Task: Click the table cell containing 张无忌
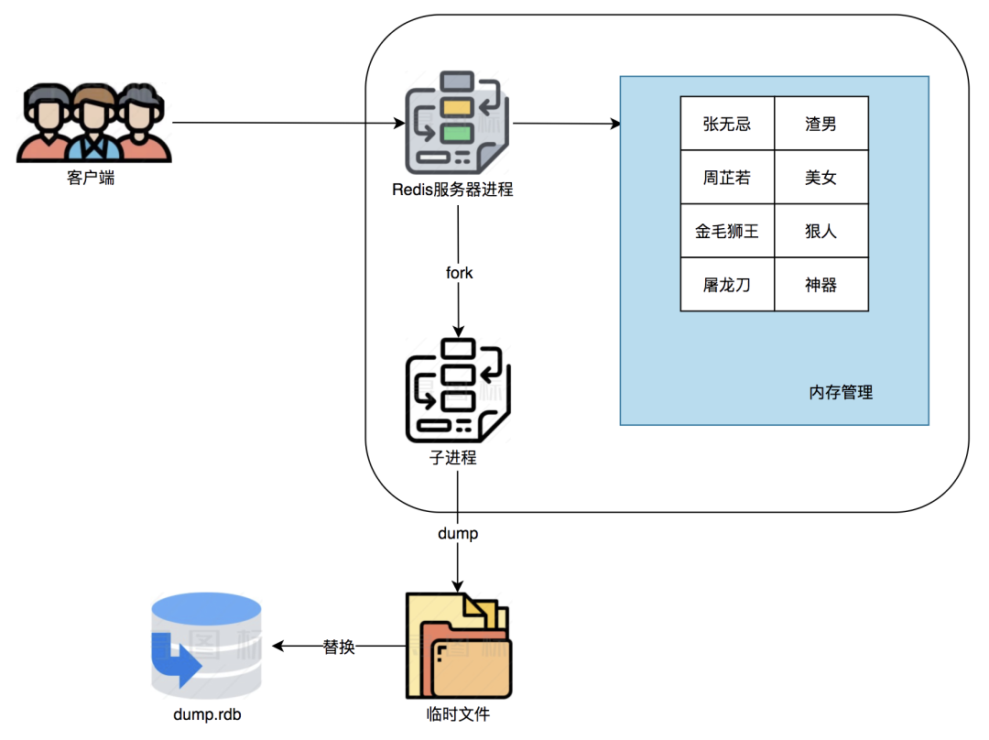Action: [x=727, y=124]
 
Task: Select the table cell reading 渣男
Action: [x=821, y=124]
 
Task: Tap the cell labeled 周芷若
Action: [x=727, y=178]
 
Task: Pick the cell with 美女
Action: [x=821, y=178]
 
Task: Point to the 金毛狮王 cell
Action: [x=727, y=231]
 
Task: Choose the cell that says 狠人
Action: [x=821, y=231]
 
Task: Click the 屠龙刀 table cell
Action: [x=727, y=285]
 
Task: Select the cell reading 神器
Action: [x=821, y=285]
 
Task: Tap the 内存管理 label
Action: [x=841, y=392]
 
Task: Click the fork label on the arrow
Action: [x=459, y=273]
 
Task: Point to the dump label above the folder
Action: [x=458, y=534]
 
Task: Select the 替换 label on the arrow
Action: [x=339, y=647]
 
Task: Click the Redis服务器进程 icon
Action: [x=457, y=123]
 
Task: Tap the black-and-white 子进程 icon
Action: [x=458, y=390]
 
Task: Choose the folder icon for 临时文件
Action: [x=459, y=646]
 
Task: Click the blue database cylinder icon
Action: [x=207, y=646]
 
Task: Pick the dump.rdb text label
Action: [x=207, y=714]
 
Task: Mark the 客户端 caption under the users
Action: [x=91, y=178]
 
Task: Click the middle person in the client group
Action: [x=93, y=123]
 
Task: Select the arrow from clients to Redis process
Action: [x=288, y=123]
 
